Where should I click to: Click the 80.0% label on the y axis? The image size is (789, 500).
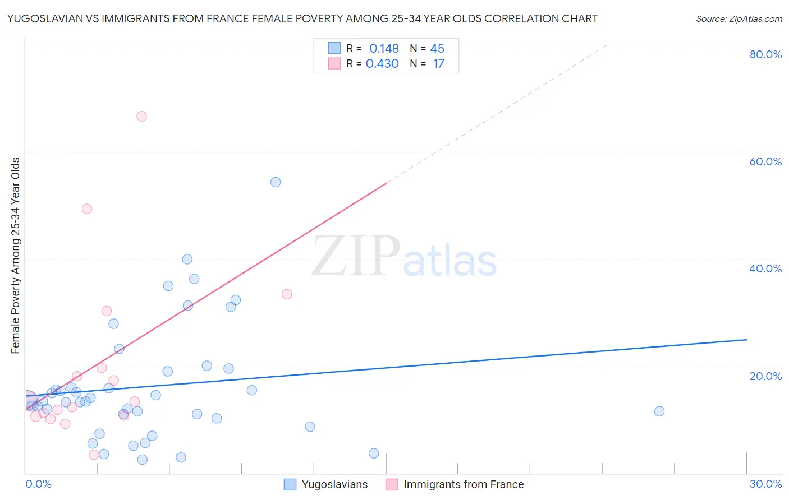[x=765, y=54]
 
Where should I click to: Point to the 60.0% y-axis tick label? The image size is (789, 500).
[x=765, y=161]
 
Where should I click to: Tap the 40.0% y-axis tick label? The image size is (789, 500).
[x=765, y=268]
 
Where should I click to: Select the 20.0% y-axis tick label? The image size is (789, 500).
[x=765, y=376]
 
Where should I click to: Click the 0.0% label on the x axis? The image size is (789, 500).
[x=38, y=484]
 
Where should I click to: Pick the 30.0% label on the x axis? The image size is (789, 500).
[x=765, y=484]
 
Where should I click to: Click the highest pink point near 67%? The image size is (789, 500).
[x=141, y=116]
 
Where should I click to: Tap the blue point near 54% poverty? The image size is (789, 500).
[x=276, y=182]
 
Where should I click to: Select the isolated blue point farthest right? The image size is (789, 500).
[x=659, y=411]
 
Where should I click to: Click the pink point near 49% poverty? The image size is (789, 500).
[x=87, y=209]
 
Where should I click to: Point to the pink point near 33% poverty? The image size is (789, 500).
[x=287, y=294]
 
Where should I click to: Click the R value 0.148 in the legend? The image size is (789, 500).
[x=384, y=49]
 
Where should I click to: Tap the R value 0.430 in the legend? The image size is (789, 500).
[x=382, y=64]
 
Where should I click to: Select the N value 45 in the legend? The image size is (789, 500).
[x=437, y=49]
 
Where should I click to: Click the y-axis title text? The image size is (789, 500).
[x=16, y=256]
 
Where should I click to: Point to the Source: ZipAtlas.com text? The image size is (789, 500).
[x=738, y=19]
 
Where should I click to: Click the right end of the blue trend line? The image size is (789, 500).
[x=746, y=340]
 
